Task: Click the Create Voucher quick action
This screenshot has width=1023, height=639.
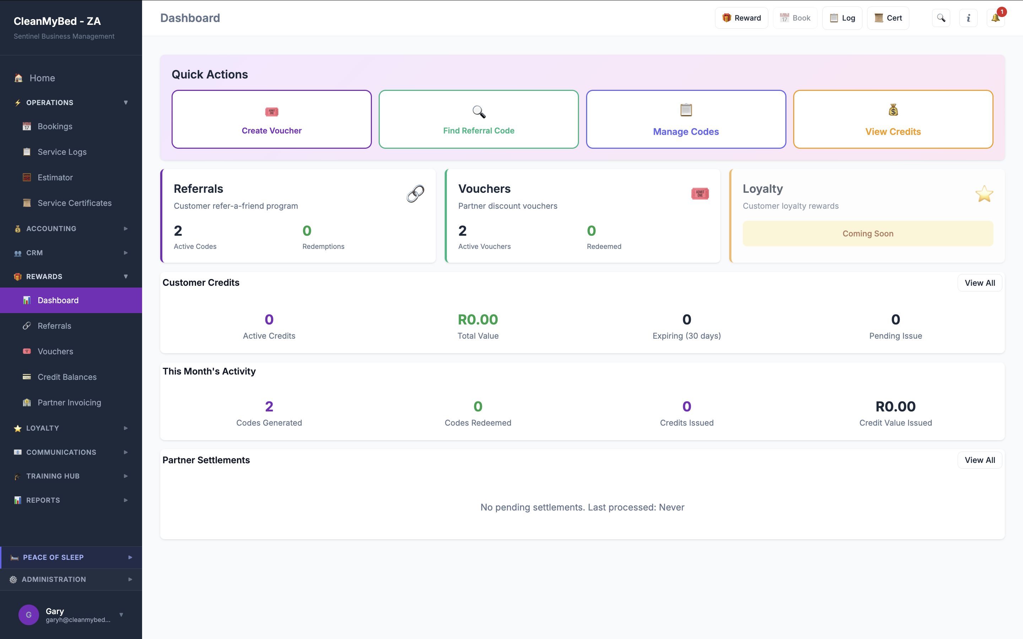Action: pos(271,119)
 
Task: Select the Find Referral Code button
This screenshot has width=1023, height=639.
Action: pos(478,119)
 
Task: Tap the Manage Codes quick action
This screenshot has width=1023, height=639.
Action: pos(686,119)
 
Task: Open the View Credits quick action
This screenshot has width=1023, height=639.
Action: pos(893,119)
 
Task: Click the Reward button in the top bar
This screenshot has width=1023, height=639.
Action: pos(741,18)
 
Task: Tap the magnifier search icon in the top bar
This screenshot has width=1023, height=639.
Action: pos(941,18)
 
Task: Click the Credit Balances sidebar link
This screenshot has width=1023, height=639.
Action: pos(67,377)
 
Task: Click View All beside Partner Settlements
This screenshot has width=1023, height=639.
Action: pos(979,460)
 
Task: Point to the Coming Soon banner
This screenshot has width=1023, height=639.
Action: pos(867,234)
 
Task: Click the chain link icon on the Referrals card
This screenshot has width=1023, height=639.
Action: pos(415,193)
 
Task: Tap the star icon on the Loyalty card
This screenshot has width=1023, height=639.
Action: pos(984,194)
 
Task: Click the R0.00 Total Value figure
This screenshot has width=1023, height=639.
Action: pos(478,319)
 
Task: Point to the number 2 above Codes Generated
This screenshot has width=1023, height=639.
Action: pos(269,406)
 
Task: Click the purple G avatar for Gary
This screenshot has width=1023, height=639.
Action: pos(28,615)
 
